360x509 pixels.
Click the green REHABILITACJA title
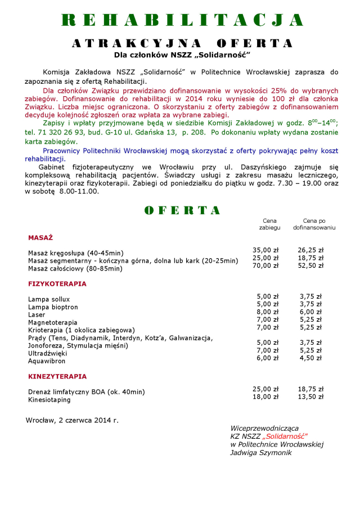click(x=182, y=20)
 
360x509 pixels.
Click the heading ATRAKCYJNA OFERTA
click(x=182, y=44)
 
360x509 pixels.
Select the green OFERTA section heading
click(x=182, y=210)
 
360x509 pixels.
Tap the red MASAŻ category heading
click(x=40, y=238)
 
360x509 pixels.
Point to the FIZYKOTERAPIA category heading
click(x=57, y=284)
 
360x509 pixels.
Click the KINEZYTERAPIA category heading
click(x=57, y=376)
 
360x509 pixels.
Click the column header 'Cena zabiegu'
click(x=269, y=224)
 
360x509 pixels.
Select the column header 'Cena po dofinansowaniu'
click(x=314, y=224)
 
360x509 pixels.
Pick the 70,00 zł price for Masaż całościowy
click(x=266, y=266)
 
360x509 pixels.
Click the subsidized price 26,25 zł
click(x=310, y=250)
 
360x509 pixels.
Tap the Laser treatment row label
click(x=37, y=315)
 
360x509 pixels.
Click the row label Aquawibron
click(x=47, y=361)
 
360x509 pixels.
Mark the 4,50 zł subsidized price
click(x=310, y=358)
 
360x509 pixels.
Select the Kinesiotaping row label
click(x=49, y=400)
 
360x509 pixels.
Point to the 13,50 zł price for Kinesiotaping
click(x=310, y=397)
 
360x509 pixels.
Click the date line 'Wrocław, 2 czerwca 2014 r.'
click(x=72, y=420)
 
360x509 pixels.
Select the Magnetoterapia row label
click(x=53, y=323)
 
